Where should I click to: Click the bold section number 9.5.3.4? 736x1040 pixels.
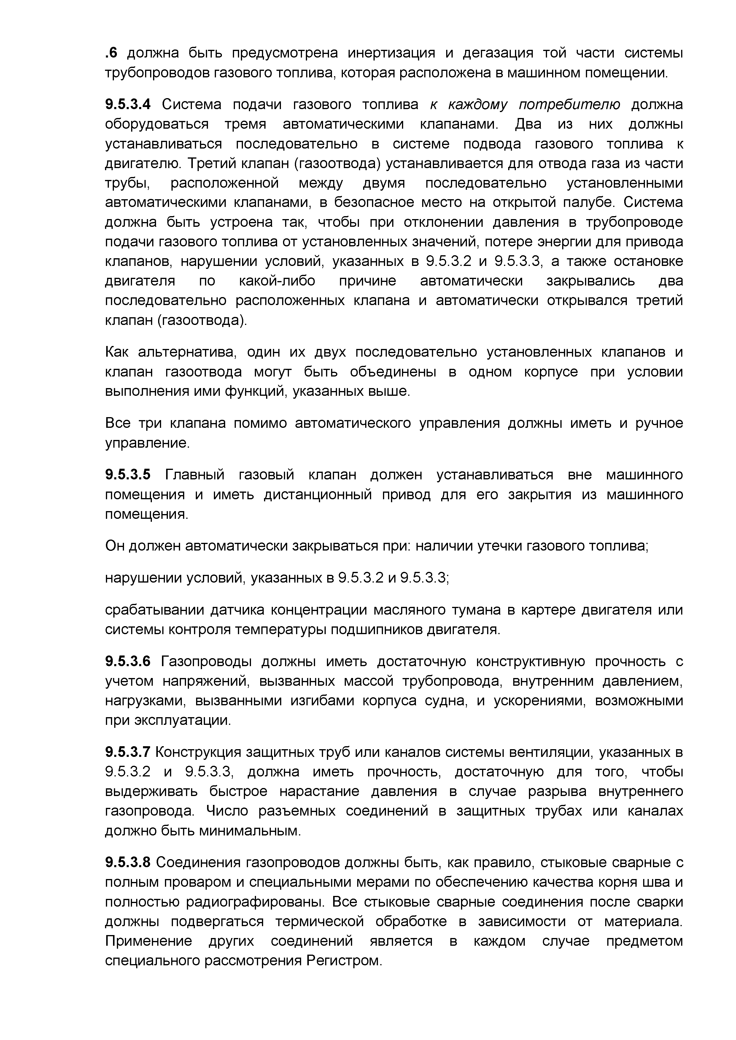click(x=127, y=105)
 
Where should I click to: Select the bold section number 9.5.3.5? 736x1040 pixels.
click(x=127, y=475)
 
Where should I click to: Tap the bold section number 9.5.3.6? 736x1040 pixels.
click(x=127, y=661)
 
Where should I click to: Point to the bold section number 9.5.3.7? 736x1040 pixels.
click(x=127, y=752)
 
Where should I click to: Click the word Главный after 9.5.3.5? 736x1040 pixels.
click(x=194, y=475)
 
